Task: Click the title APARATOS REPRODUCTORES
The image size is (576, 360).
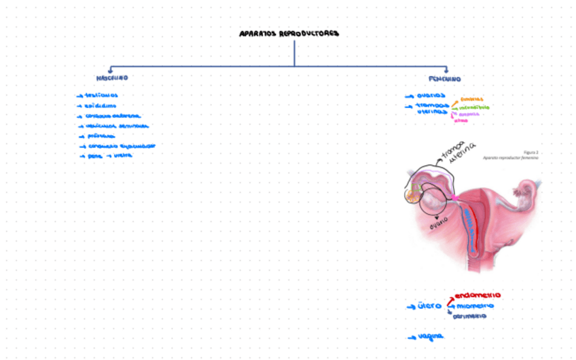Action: (289, 33)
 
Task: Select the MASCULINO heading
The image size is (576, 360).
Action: (111, 78)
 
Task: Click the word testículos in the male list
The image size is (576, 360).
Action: (101, 96)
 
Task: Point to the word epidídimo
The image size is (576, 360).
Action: (101, 106)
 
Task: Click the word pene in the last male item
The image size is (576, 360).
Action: (94, 156)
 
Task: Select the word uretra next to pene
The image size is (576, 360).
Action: (122, 156)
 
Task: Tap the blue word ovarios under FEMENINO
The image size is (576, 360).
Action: (431, 96)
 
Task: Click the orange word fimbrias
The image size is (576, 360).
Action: (471, 98)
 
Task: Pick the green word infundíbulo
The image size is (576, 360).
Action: (474, 107)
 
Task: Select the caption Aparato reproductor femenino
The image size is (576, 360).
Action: (510, 158)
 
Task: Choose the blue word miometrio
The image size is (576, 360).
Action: (475, 306)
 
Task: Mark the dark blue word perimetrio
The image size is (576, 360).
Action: (469, 317)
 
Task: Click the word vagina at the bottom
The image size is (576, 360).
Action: (430, 336)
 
